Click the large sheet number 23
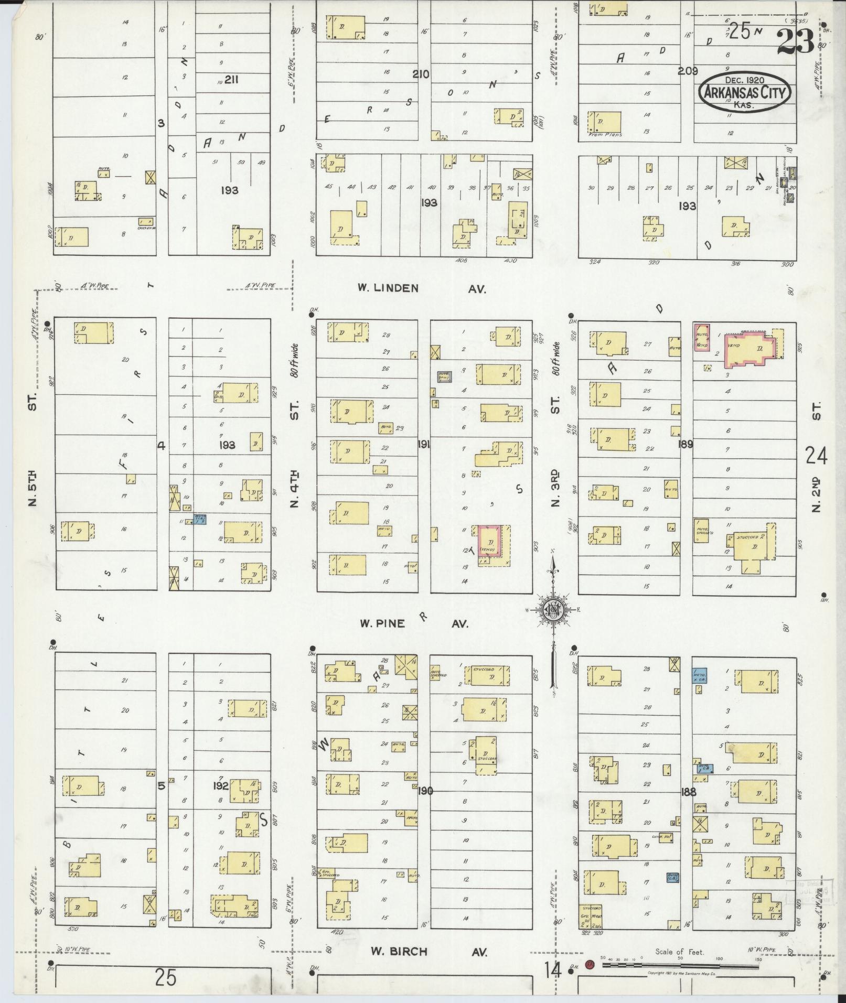(795, 40)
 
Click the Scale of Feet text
(679, 952)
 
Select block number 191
(424, 445)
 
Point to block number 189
(685, 444)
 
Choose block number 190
(425, 790)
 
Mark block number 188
(688, 791)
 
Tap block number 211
(231, 79)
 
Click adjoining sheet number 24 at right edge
(817, 456)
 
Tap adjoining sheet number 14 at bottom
(553, 970)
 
